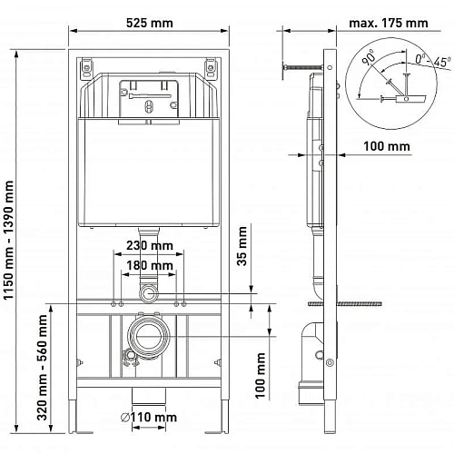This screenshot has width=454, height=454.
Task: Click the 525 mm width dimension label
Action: click(150, 23)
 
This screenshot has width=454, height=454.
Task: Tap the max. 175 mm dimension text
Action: click(389, 23)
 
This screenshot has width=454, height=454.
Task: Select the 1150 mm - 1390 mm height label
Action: click(9, 240)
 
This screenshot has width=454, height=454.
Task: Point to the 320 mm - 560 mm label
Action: click(42, 368)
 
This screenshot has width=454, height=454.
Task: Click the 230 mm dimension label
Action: click(150, 245)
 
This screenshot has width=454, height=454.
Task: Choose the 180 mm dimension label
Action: click(150, 265)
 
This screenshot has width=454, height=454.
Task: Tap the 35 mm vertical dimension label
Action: click(242, 246)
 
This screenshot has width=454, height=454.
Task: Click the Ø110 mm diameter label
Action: click(149, 418)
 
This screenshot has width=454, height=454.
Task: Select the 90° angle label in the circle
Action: click(369, 57)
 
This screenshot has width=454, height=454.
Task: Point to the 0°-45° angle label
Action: click(433, 61)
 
